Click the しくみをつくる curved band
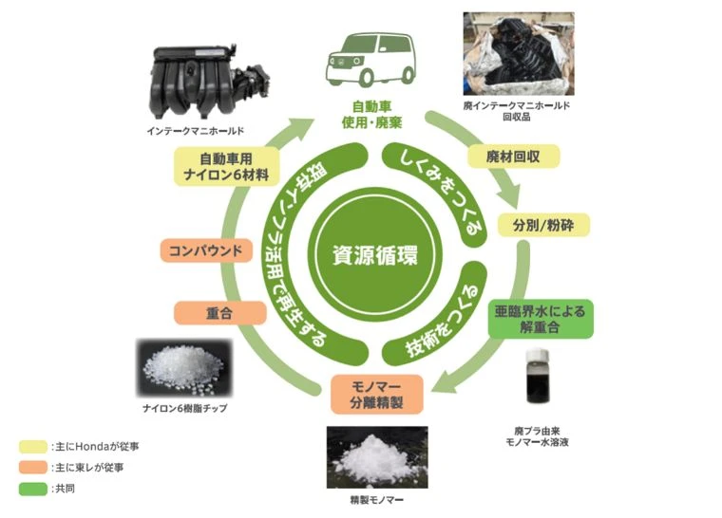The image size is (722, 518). point(438,185)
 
